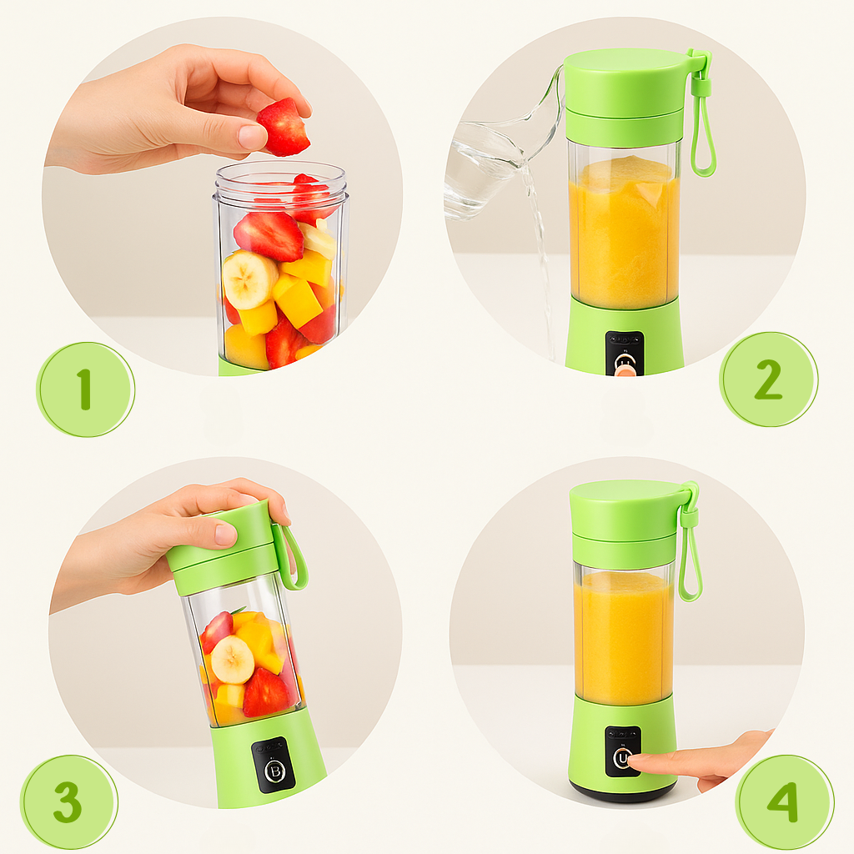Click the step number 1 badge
click(86, 389)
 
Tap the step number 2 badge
click(768, 379)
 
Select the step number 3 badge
click(69, 802)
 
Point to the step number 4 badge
click(784, 802)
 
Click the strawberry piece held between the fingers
click(284, 128)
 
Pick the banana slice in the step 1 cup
click(249, 280)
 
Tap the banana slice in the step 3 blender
click(233, 660)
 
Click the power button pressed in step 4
click(622, 758)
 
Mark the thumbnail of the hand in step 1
click(252, 137)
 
